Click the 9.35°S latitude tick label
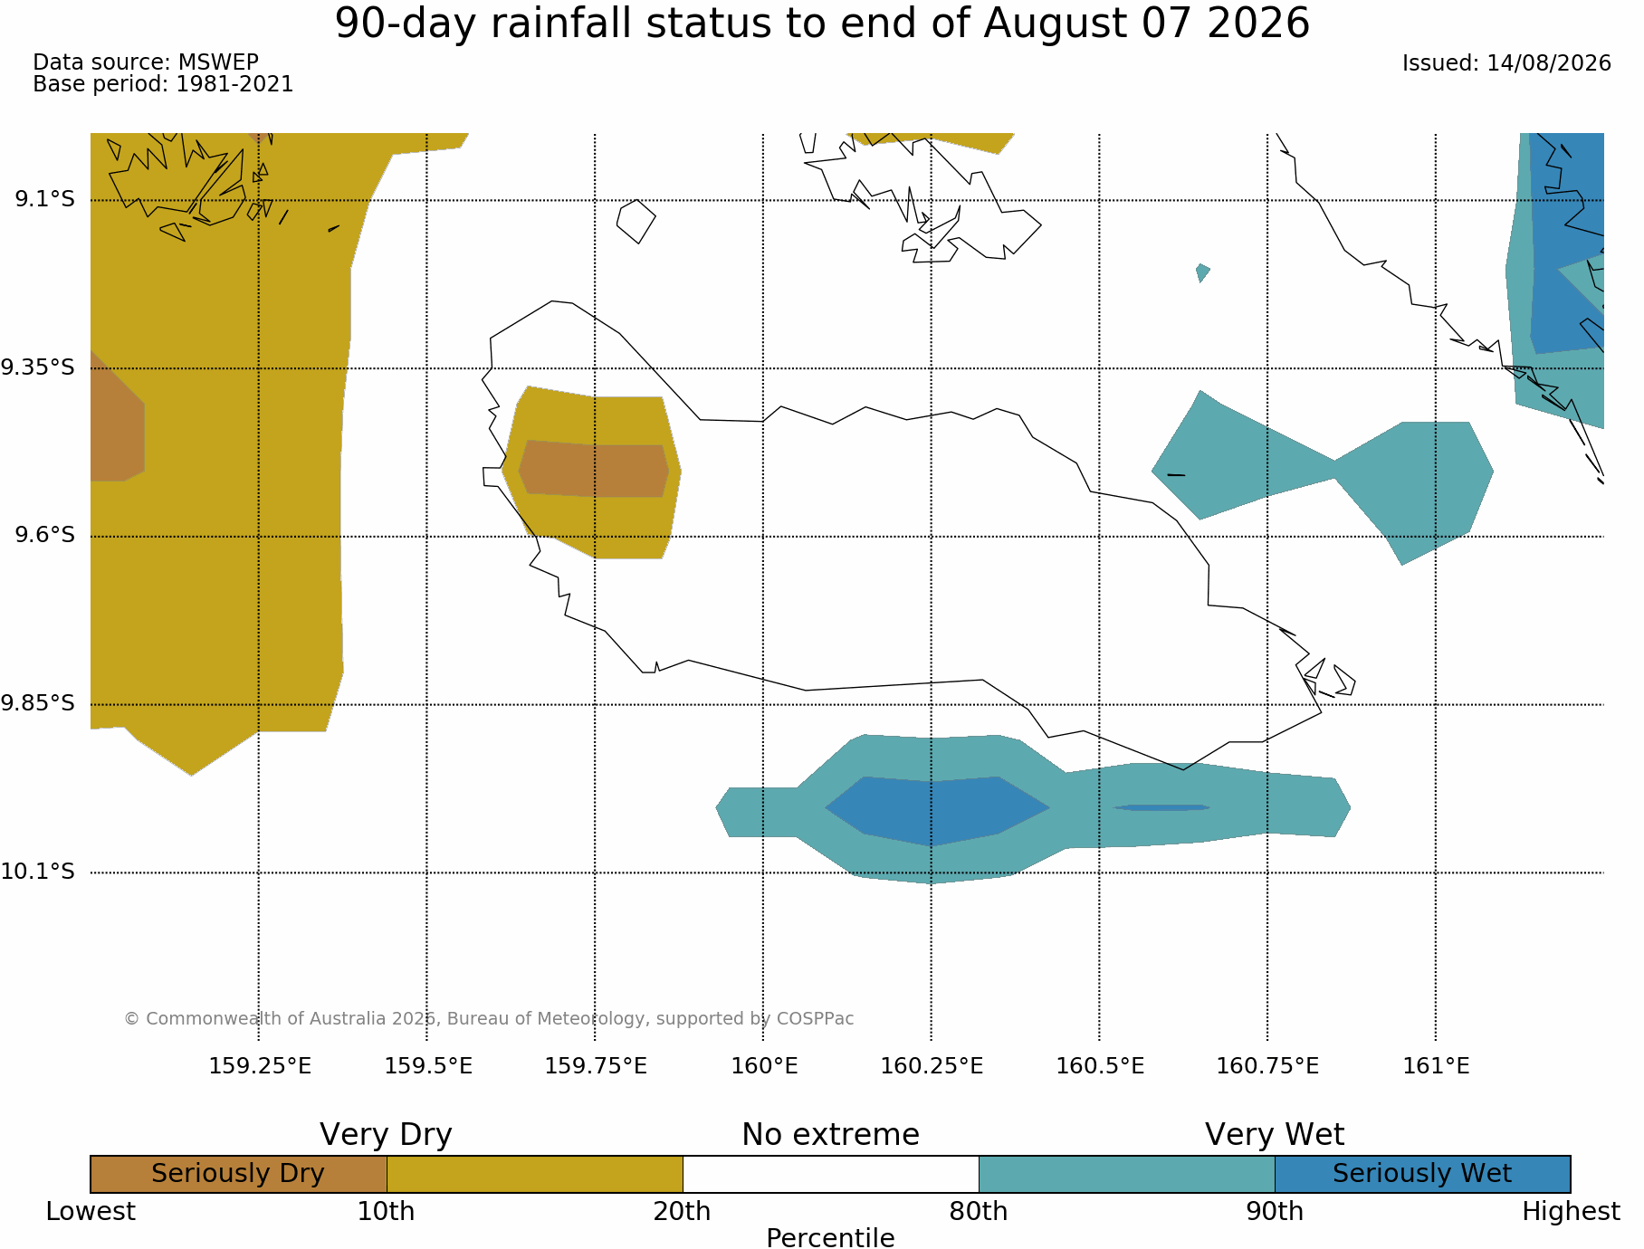pyautogui.click(x=37, y=367)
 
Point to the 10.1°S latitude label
pyautogui.click(x=37, y=872)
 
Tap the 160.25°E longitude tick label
pyautogui.click(x=932, y=1066)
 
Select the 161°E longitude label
pyautogui.click(x=1436, y=1066)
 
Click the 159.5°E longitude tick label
pyautogui.click(x=428, y=1066)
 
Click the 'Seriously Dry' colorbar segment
pyautogui.click(x=239, y=1174)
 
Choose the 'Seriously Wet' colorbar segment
pyautogui.click(x=1422, y=1174)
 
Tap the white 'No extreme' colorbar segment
pyautogui.click(x=831, y=1174)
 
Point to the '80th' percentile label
pyautogui.click(x=979, y=1212)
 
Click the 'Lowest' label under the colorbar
pyautogui.click(x=91, y=1212)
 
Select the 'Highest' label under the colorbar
pyautogui.click(x=1571, y=1212)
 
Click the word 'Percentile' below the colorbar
pyautogui.click(x=830, y=1238)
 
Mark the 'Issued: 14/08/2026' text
pyautogui.click(x=1506, y=63)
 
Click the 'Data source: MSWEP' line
pyautogui.click(x=146, y=62)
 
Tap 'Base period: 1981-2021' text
pyautogui.click(x=163, y=84)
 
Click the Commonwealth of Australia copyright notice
pyautogui.click(x=489, y=1019)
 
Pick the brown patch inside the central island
pyautogui.click(x=594, y=469)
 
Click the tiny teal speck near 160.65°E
pyautogui.click(x=1202, y=272)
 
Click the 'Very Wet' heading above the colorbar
pyautogui.click(x=1275, y=1135)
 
